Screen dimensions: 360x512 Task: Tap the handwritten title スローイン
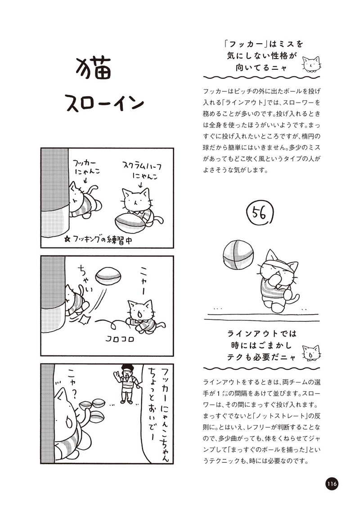[105, 103]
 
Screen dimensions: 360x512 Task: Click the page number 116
[331, 483]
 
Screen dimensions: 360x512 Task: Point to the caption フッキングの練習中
[99, 240]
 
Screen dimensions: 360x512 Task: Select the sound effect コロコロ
[120, 339]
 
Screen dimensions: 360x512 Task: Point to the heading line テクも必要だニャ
[261, 357]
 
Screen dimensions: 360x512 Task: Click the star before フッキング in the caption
[67, 240]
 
